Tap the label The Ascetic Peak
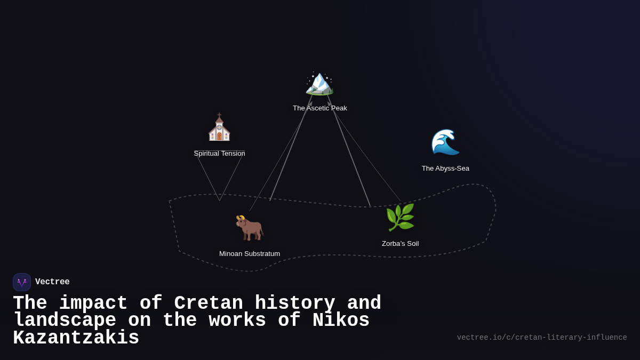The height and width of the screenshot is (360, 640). click(x=319, y=108)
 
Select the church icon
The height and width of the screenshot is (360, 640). click(x=219, y=129)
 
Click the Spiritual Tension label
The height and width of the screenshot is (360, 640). click(x=219, y=154)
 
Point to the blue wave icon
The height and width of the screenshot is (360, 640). click(x=445, y=142)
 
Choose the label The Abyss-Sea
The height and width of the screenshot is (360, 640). click(x=445, y=169)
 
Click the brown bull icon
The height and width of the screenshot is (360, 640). click(x=250, y=228)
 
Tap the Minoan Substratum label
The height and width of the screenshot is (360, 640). click(x=250, y=254)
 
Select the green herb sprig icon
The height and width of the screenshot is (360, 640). click(x=400, y=218)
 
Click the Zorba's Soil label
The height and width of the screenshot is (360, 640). click(x=400, y=244)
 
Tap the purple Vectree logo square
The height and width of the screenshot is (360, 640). click(x=22, y=282)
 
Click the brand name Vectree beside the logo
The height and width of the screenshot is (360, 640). click(x=52, y=282)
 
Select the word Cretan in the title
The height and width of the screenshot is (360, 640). click(x=209, y=303)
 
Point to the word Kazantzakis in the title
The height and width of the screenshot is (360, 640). click(x=76, y=338)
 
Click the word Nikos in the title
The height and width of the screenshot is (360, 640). click(x=341, y=321)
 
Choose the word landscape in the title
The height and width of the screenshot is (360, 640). click(x=65, y=321)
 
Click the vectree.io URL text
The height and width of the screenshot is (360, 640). click(x=541, y=338)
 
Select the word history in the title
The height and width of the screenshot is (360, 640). click(x=295, y=303)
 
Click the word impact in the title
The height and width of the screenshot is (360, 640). click(x=93, y=303)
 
